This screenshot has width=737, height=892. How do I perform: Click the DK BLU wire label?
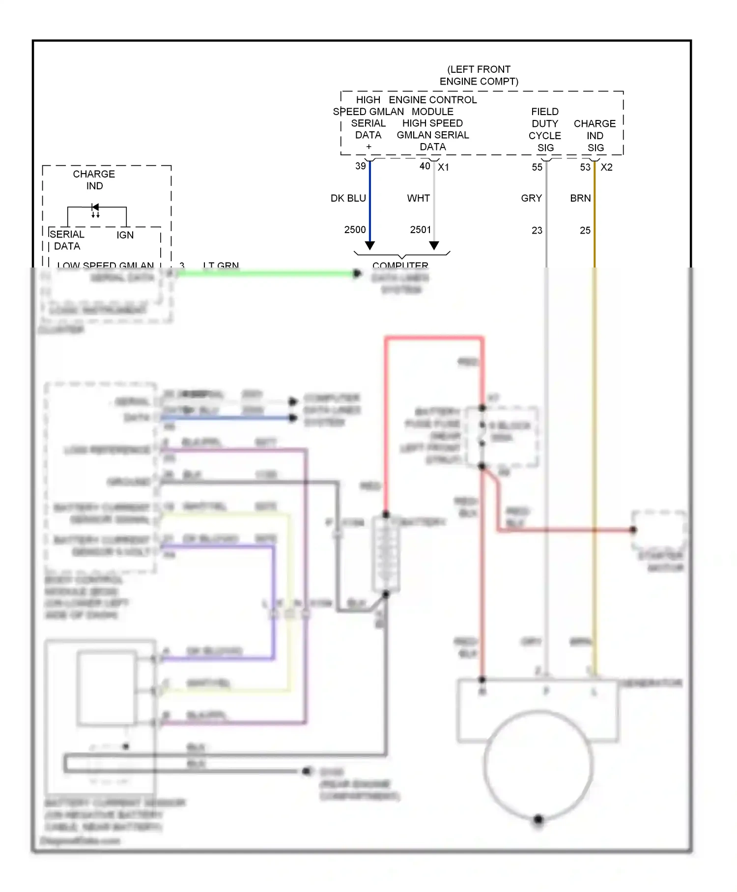pos(348,198)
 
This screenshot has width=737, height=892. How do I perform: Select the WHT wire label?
pos(418,198)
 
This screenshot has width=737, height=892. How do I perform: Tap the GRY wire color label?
pos(531,198)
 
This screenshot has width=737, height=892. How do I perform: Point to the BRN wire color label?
pos(580,198)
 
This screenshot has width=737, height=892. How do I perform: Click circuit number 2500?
pos(355,230)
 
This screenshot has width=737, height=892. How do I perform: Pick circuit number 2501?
pos(421,230)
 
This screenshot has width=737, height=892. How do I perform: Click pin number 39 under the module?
pos(361,166)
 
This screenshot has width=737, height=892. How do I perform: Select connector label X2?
pos(607,167)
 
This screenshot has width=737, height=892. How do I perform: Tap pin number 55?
pos(537,167)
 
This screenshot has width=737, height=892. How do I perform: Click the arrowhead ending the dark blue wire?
pos(370,245)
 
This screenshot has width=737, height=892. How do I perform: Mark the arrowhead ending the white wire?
pos(434,245)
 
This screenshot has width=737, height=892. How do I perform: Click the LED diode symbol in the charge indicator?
pos(95,208)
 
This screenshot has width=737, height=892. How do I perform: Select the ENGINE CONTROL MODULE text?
pos(433,106)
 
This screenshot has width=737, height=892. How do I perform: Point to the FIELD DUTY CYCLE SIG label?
pos(545,130)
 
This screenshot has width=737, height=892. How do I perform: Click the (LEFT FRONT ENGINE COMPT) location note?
pos(479,75)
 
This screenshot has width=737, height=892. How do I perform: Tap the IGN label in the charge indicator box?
pos(125,235)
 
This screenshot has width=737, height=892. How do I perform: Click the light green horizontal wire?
pos(265,273)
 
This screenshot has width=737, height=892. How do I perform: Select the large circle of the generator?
pos(538,765)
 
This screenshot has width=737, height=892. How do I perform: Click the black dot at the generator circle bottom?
pos(539,819)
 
